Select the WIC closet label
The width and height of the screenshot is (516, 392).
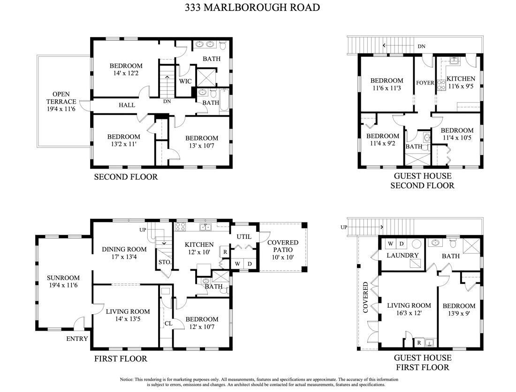pos(185,81)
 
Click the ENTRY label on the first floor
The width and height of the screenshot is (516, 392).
pos(77,339)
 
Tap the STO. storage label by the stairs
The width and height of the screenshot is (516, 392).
pos(165,262)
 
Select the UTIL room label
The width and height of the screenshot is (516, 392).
pos(244,237)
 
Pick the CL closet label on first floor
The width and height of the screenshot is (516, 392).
pos(168,323)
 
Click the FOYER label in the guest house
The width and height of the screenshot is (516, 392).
pos(425,83)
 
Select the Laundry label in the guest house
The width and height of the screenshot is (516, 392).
pos(402,255)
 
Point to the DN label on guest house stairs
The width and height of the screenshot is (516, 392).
pos(421,46)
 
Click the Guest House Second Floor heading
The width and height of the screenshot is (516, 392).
pos(423,180)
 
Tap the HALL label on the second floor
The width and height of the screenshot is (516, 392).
pos(127,105)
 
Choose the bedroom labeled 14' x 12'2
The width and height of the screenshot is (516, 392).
pos(126,69)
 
